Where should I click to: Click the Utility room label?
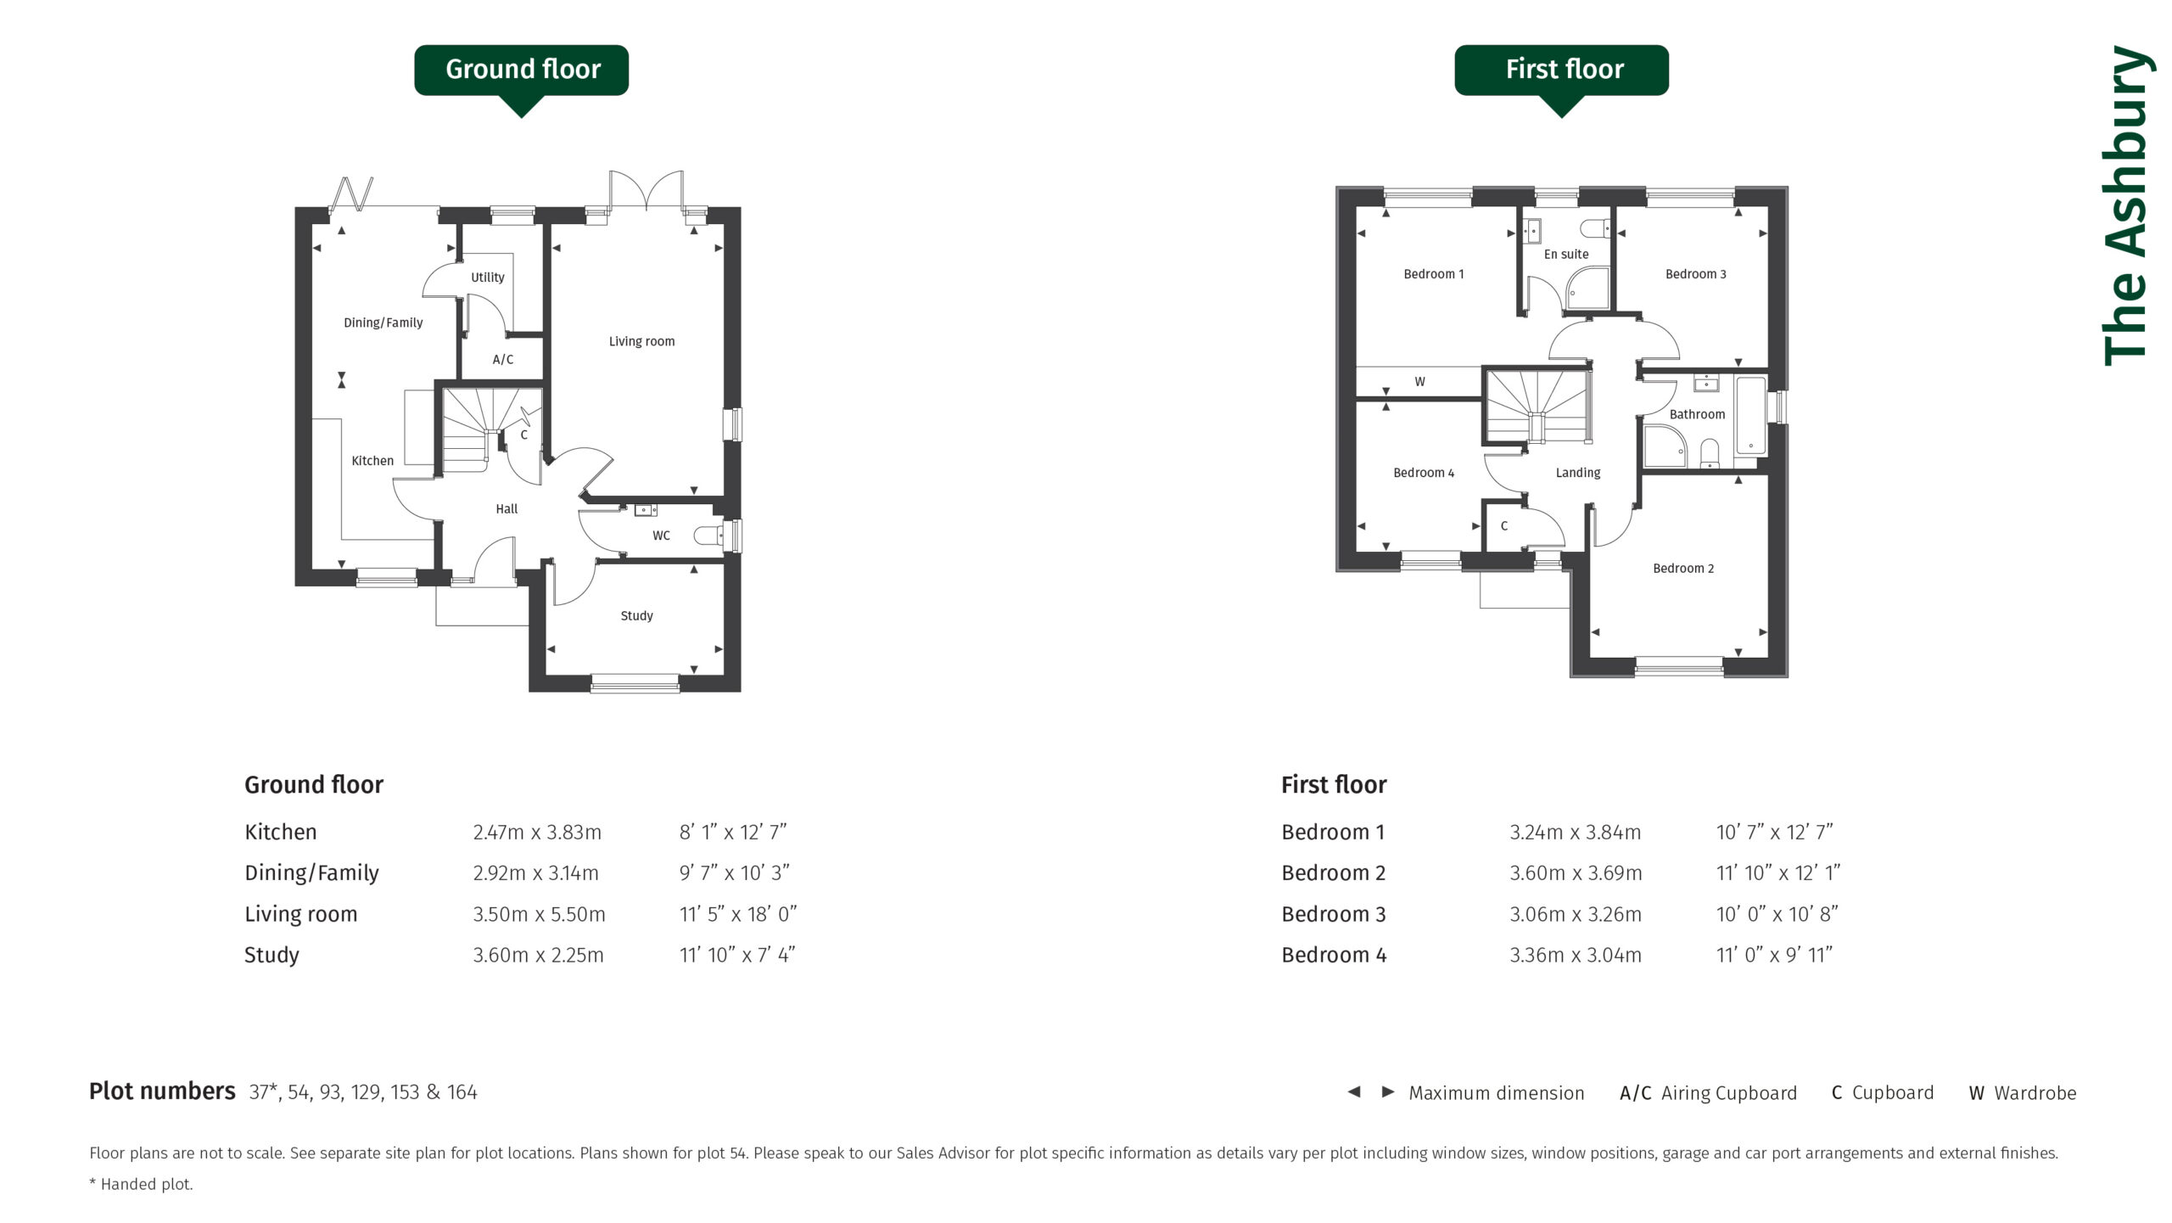click(488, 278)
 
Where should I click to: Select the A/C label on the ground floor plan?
click(503, 360)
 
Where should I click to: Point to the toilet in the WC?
click(707, 536)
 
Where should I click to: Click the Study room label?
click(636, 616)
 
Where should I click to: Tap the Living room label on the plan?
click(641, 341)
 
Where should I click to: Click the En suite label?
click(1566, 254)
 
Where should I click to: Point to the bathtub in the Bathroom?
click(1751, 415)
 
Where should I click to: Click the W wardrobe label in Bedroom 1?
click(1419, 382)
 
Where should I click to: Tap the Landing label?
click(1578, 473)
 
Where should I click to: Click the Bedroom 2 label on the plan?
click(1683, 569)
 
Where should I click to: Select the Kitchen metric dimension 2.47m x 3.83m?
click(537, 833)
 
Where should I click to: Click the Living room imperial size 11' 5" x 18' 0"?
click(738, 914)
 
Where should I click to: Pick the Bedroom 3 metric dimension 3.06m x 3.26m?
click(1576, 914)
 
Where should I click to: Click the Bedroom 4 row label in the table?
click(1334, 955)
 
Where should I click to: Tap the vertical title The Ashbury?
click(2126, 205)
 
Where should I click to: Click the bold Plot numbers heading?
click(162, 1091)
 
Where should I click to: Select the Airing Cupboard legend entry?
click(1708, 1093)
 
